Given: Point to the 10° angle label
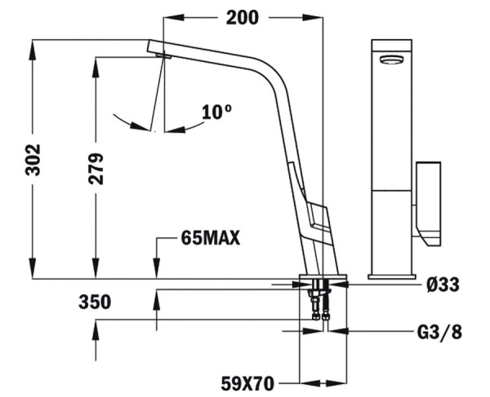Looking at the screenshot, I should (x=216, y=112).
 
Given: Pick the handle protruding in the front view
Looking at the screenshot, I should (x=429, y=201).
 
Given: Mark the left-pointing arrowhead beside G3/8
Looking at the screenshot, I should (x=336, y=333).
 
